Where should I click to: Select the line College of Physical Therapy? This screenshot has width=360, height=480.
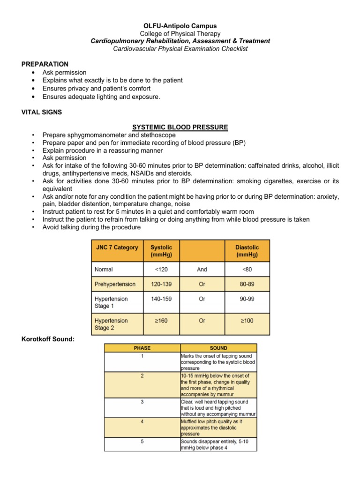180,33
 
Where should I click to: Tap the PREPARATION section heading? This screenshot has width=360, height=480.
45,64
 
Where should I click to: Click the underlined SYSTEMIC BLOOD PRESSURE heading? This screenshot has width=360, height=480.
180,127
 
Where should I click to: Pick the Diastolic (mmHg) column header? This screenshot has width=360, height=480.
247,251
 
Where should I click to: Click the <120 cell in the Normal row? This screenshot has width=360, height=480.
161,270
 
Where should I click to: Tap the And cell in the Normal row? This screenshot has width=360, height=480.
202,270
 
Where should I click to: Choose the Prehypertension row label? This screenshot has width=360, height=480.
115,284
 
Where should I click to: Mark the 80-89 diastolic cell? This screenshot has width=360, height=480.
247,284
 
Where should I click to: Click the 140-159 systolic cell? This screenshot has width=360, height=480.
161,299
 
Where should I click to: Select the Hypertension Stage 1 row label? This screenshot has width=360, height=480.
111,302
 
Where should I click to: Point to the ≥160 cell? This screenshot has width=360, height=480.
161,321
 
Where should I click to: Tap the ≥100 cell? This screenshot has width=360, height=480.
247,321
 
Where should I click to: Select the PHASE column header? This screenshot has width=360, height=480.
142,348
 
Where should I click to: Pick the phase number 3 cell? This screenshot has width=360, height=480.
142,402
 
